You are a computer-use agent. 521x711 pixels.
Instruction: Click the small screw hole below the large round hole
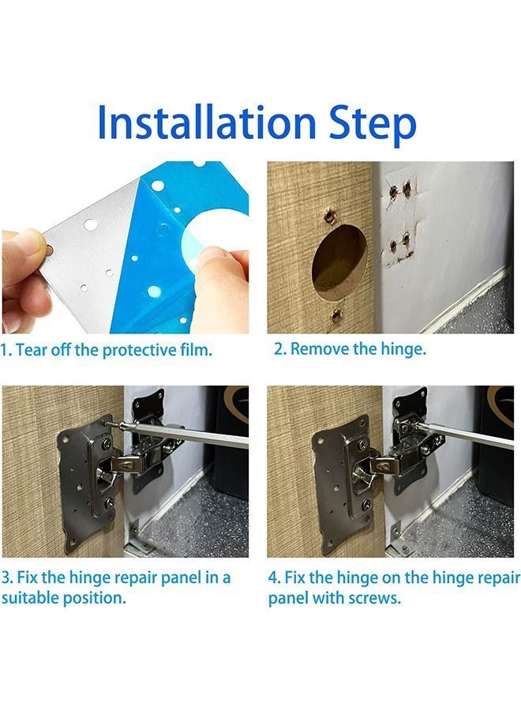click(337, 316)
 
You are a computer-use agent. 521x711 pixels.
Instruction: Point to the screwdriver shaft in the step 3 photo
click(189, 431)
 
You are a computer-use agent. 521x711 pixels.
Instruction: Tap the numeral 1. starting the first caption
click(6, 350)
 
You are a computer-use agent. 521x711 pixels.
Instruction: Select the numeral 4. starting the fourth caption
click(274, 577)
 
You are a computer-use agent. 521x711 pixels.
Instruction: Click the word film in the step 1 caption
click(196, 350)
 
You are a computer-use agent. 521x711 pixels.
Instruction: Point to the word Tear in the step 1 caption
click(32, 350)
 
